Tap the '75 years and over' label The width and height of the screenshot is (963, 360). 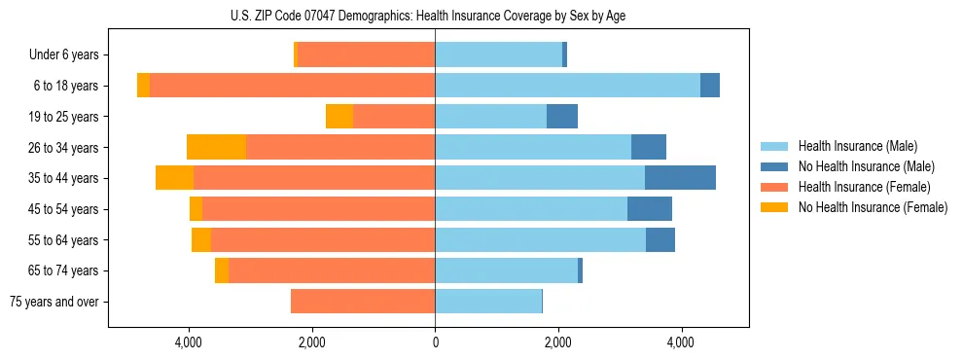(x=54, y=302)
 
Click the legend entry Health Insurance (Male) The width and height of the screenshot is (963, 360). (x=857, y=146)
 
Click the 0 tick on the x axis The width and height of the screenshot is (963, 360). (x=435, y=342)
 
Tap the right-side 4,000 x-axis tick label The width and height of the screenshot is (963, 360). (x=681, y=342)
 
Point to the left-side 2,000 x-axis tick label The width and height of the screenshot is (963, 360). (x=311, y=342)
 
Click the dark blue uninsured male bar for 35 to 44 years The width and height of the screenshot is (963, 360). (x=680, y=178)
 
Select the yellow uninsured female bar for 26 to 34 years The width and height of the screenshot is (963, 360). (x=216, y=147)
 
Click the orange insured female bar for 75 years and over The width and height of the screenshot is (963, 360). (x=363, y=302)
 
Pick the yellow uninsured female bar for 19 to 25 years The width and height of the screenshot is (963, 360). (x=339, y=117)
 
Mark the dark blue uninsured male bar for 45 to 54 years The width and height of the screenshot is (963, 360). (x=650, y=209)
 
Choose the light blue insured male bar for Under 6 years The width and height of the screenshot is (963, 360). (x=498, y=55)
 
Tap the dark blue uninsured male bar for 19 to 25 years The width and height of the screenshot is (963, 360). (x=562, y=117)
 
